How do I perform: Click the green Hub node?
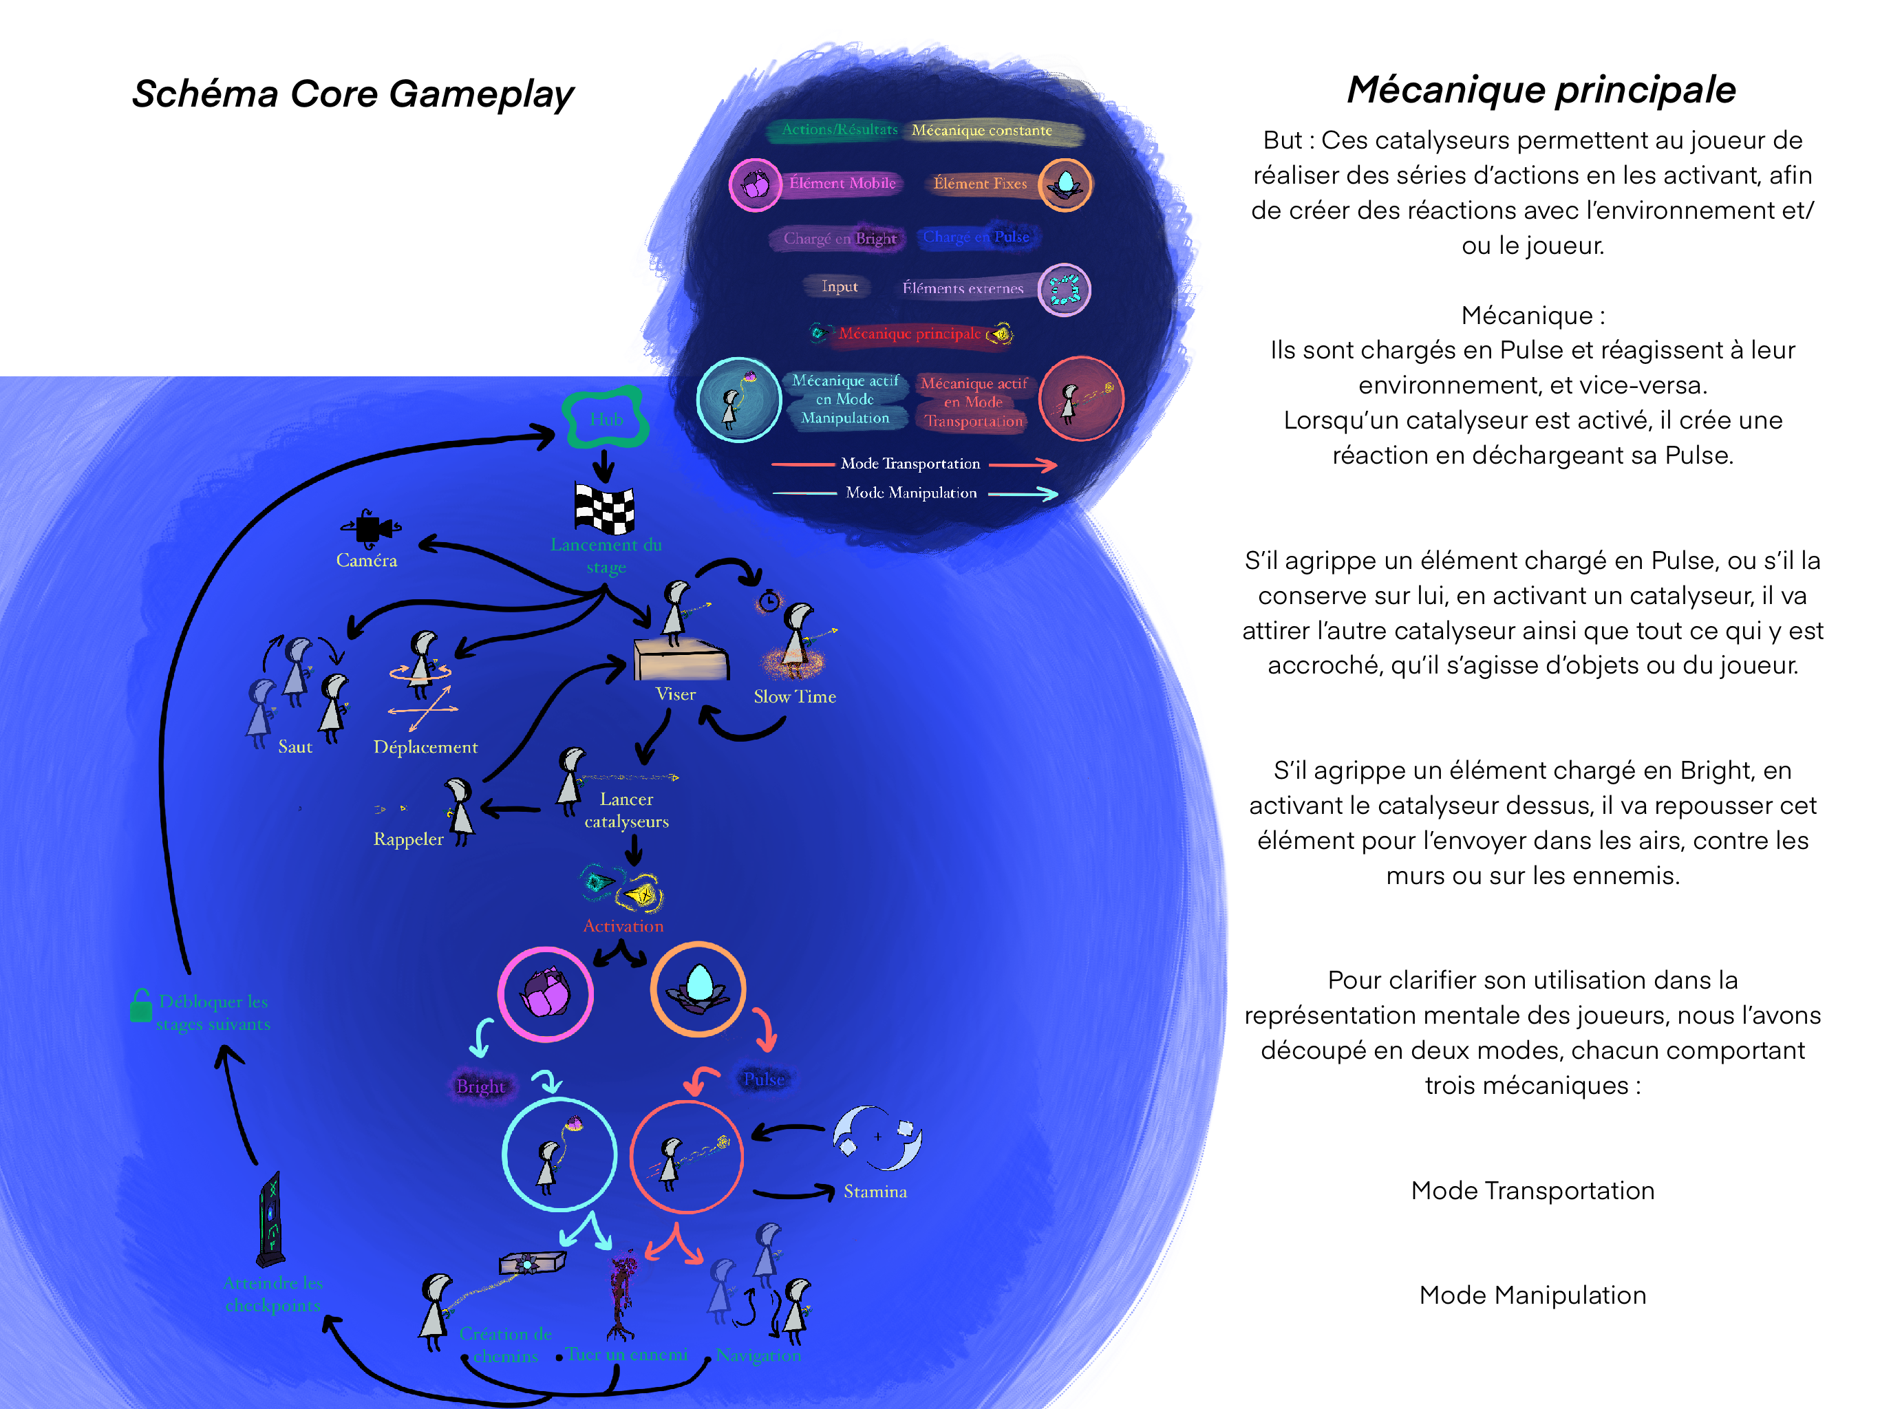point(606,418)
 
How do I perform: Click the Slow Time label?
point(795,697)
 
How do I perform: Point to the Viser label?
point(676,694)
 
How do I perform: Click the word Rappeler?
point(408,839)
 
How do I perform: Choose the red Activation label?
point(623,926)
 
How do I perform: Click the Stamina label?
point(875,1192)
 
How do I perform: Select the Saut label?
point(295,747)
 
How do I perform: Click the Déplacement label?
point(425,747)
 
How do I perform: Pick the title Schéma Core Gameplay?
point(353,94)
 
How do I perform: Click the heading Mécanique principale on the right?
point(1541,90)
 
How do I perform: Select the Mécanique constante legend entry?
point(982,130)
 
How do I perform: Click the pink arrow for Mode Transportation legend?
point(1023,464)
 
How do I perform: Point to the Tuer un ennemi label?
point(626,1355)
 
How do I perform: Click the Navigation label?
point(758,1355)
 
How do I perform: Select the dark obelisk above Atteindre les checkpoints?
point(271,1220)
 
